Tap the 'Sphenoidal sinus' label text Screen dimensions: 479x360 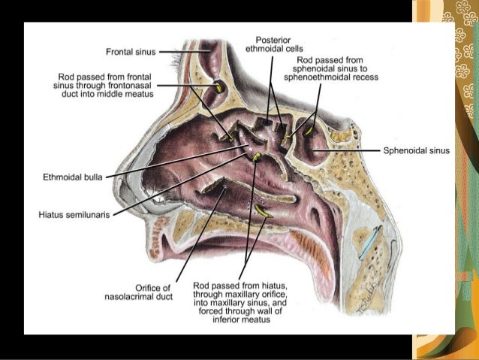(x=416, y=150)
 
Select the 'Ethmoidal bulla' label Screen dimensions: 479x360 (x=73, y=177)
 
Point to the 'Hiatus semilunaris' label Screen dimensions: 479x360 (x=74, y=214)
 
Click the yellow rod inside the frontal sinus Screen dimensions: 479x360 (x=219, y=87)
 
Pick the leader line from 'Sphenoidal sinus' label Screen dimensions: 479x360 (x=353, y=150)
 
